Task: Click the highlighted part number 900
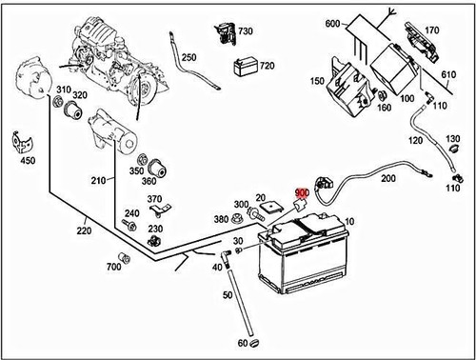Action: tap(303, 193)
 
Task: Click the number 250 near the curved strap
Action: tap(188, 57)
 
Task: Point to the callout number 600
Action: tap(332, 23)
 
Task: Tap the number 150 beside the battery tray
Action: tap(316, 81)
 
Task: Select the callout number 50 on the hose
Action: tap(228, 296)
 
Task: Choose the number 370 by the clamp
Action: tap(154, 199)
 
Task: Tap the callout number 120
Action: tap(415, 141)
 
